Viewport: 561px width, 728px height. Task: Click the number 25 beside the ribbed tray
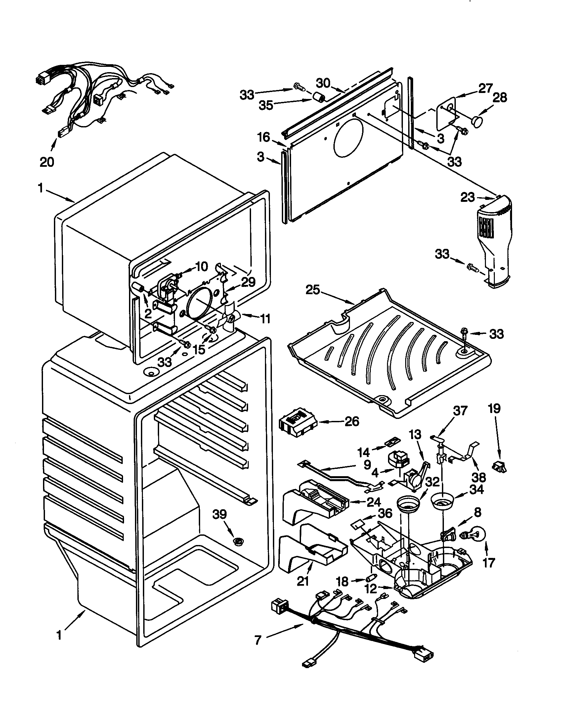(313, 290)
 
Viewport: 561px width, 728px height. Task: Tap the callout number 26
(352, 421)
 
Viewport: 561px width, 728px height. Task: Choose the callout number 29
(248, 282)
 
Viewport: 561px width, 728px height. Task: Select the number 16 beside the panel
(264, 137)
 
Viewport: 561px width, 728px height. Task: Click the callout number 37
(460, 411)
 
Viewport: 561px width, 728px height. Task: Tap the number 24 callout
(373, 502)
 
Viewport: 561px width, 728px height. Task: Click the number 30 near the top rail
(323, 83)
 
